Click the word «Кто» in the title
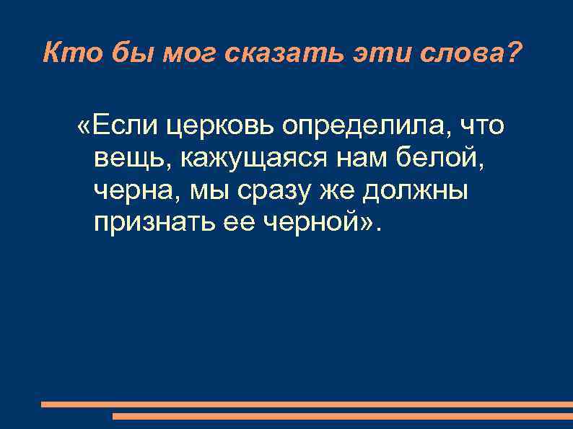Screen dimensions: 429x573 (x=67, y=53)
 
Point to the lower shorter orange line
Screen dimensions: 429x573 (x=343, y=416)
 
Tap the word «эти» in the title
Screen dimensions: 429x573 (x=377, y=53)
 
